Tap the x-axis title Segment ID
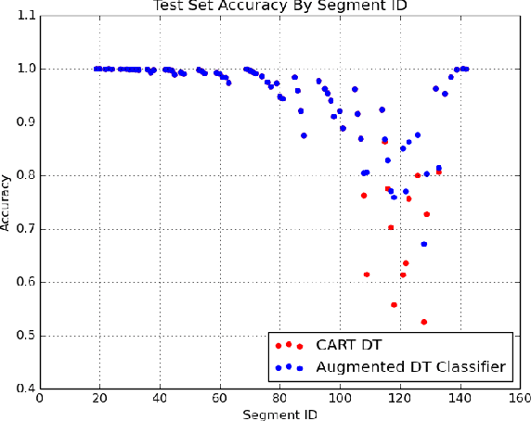point(279,414)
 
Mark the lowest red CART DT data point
point(424,322)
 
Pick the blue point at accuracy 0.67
point(424,244)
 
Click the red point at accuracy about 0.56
point(394,304)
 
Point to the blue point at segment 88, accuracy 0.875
point(304,135)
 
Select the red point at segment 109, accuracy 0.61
point(367,274)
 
